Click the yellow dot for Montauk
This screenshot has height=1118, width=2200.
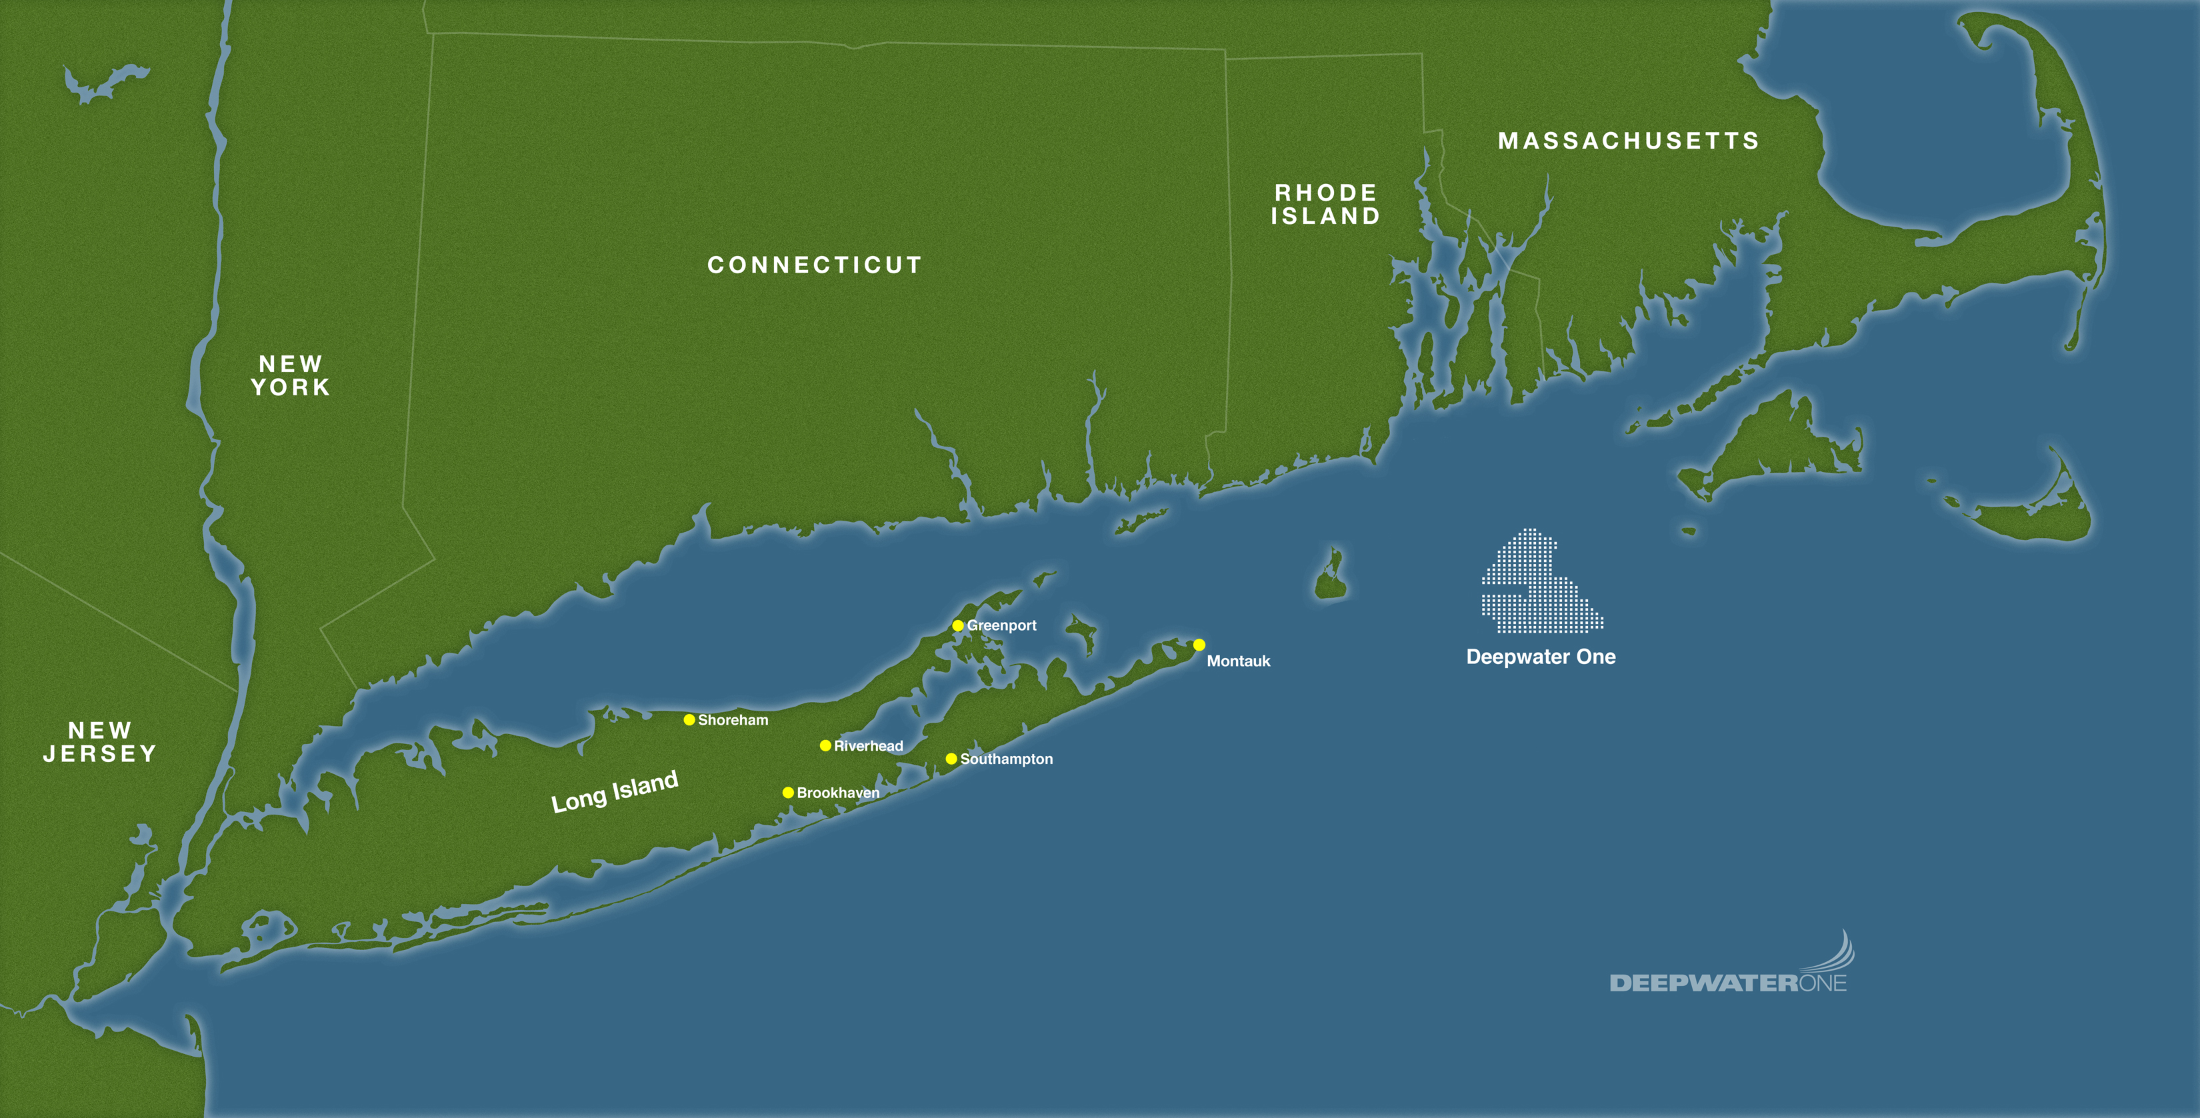click(1199, 645)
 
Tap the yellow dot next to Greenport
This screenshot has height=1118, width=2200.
click(958, 626)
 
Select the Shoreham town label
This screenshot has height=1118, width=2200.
click(733, 720)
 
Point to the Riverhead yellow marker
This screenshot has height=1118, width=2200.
click(825, 745)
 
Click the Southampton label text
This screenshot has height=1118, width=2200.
click(1006, 759)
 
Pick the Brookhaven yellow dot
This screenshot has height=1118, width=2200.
click(788, 793)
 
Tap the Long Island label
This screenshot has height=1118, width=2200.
click(614, 792)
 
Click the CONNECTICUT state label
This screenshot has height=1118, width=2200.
click(815, 265)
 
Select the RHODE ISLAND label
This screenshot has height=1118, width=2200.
click(1325, 205)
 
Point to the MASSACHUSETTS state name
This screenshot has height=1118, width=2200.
click(1629, 141)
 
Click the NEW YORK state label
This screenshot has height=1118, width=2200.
click(291, 376)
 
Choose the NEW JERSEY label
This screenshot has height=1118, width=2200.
click(100, 742)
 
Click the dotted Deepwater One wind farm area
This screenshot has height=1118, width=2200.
click(1537, 589)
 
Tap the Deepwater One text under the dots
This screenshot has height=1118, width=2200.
click(1541, 657)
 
